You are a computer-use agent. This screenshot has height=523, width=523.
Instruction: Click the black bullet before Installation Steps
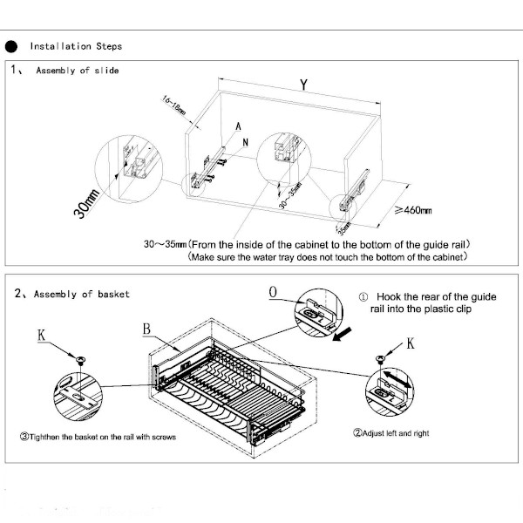pyautogui.click(x=12, y=46)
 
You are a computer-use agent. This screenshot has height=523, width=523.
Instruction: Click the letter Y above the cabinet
pyautogui.click(x=302, y=85)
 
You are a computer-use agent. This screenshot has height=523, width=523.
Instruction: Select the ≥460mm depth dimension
pyautogui.click(x=412, y=210)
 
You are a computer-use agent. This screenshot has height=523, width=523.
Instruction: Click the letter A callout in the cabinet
pyautogui.click(x=237, y=126)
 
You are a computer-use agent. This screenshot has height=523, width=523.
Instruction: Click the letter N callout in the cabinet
pyautogui.click(x=247, y=141)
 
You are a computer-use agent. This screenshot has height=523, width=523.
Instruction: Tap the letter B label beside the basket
pyautogui.click(x=147, y=329)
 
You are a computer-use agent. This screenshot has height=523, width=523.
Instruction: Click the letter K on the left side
pyautogui.click(x=42, y=334)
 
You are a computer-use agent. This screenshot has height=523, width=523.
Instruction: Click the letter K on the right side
pyautogui.click(x=410, y=343)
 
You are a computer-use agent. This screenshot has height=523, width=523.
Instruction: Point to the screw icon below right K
pyautogui.click(x=380, y=357)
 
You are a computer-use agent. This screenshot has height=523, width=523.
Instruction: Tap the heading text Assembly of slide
pyautogui.click(x=77, y=70)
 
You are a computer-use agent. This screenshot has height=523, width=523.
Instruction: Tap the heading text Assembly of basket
pyautogui.click(x=82, y=295)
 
